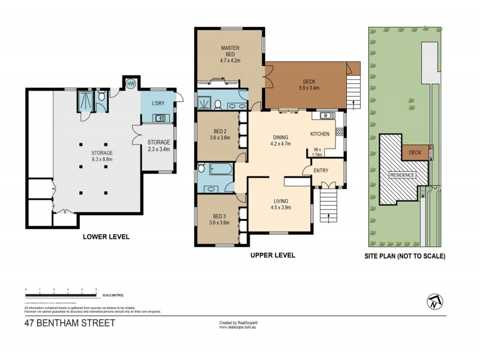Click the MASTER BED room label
point(230,53)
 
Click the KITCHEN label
point(320,134)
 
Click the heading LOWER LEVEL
point(106,236)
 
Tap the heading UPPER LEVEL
point(272,254)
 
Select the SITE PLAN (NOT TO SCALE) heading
point(405,256)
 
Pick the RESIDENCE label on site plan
point(403,175)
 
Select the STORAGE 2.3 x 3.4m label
point(160,145)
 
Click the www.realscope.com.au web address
point(238,328)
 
